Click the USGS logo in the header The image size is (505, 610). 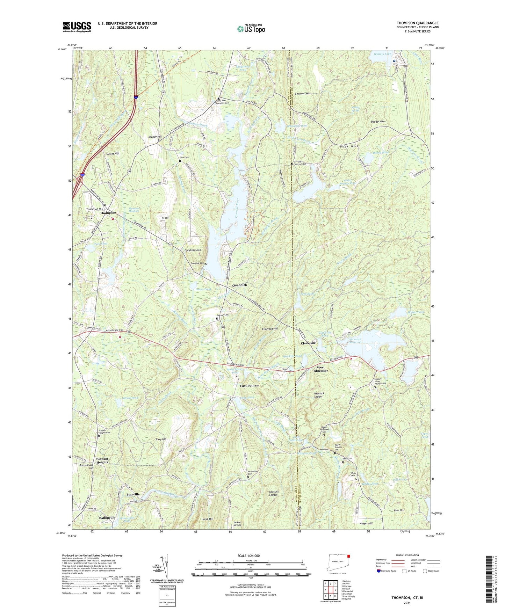(77, 27)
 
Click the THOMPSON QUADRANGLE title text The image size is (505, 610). (417, 23)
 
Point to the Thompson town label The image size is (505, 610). (108, 213)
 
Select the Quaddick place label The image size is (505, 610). (240, 285)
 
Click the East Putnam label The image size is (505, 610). (250, 386)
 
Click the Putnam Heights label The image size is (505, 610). (102, 460)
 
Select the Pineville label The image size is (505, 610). (133, 494)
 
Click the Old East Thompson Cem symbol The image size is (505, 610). (219, 99)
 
